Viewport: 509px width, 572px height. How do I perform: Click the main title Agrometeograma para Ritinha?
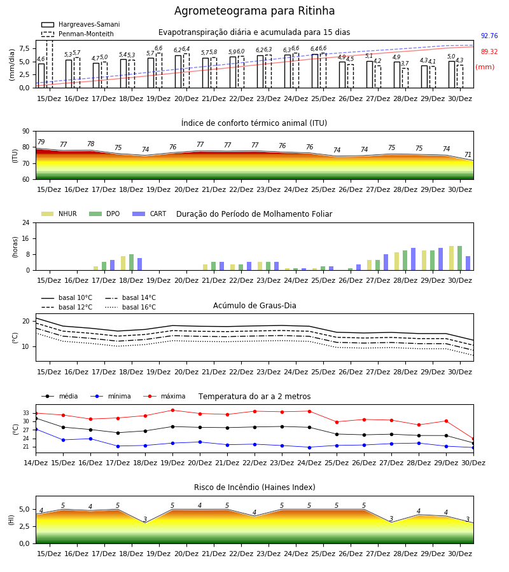(254, 11)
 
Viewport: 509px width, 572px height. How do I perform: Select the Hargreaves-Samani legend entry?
(80, 24)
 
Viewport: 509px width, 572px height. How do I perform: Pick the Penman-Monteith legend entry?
(78, 34)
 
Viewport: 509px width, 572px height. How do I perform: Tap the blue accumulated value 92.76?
(489, 36)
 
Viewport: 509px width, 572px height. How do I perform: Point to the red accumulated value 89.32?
(489, 52)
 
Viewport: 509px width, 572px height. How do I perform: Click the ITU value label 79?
(41, 142)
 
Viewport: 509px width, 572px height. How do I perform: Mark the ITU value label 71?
(468, 154)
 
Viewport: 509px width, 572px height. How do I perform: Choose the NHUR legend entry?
(59, 214)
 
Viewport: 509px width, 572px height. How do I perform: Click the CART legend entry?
(150, 214)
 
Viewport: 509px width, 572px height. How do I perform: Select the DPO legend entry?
(104, 214)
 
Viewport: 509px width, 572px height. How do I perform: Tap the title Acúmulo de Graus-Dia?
(254, 306)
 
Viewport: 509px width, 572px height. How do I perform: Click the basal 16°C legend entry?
(130, 307)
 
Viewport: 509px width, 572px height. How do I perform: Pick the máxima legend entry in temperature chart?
(164, 396)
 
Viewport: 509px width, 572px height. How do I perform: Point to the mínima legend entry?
(111, 396)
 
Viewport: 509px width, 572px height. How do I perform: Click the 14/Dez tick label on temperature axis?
(36, 463)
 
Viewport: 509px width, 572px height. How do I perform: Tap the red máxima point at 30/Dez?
(473, 439)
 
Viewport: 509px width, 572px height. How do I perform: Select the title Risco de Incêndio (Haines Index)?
(254, 487)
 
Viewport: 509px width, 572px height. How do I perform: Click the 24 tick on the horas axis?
(26, 222)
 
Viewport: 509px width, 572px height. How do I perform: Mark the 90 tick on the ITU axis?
(26, 132)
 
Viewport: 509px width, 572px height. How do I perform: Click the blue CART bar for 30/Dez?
(468, 263)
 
